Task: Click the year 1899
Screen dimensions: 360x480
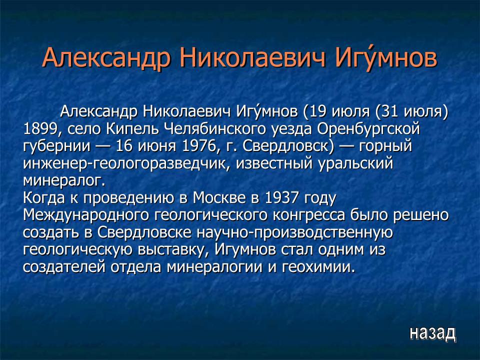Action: [x=40, y=129]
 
